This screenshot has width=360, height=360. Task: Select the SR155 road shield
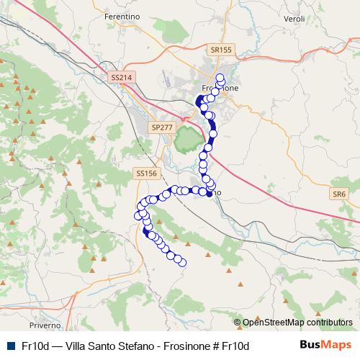pyautogui.click(x=222, y=50)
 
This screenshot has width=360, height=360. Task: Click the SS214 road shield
pyautogui.click(x=123, y=76)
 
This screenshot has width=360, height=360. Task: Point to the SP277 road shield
pyautogui.click(x=163, y=127)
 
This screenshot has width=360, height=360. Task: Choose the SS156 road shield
pyautogui.click(x=146, y=174)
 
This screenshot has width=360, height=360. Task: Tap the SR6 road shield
pyautogui.click(x=339, y=194)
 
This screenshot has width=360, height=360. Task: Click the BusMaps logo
pyautogui.click(x=325, y=346)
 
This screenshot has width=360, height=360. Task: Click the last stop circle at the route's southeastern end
pyautogui.click(x=182, y=263)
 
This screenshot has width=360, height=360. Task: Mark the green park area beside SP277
pyautogui.click(x=187, y=137)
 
